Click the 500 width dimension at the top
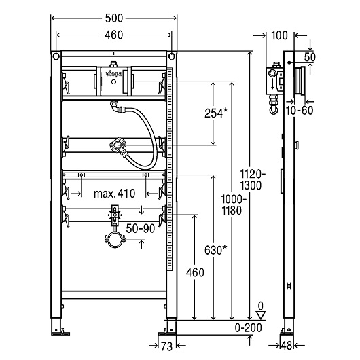[114, 18]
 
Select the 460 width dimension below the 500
[114, 35]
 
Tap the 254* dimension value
[216, 113]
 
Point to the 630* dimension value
[216, 250]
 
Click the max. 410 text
[114, 194]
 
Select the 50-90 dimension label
[141, 228]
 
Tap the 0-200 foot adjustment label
[248, 328]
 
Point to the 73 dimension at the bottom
[166, 346]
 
